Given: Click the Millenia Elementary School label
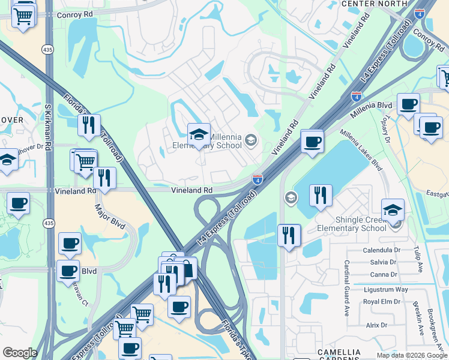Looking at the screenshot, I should pos(223,142).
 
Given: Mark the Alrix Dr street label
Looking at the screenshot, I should pos(376,325).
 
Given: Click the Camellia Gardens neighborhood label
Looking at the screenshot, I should pos(340,355).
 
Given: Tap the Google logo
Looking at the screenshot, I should pos(20,353).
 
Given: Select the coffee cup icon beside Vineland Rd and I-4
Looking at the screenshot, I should pos(312,142).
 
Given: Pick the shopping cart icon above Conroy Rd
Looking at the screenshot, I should pos(23,16).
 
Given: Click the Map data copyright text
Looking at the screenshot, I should pos(411,355).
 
